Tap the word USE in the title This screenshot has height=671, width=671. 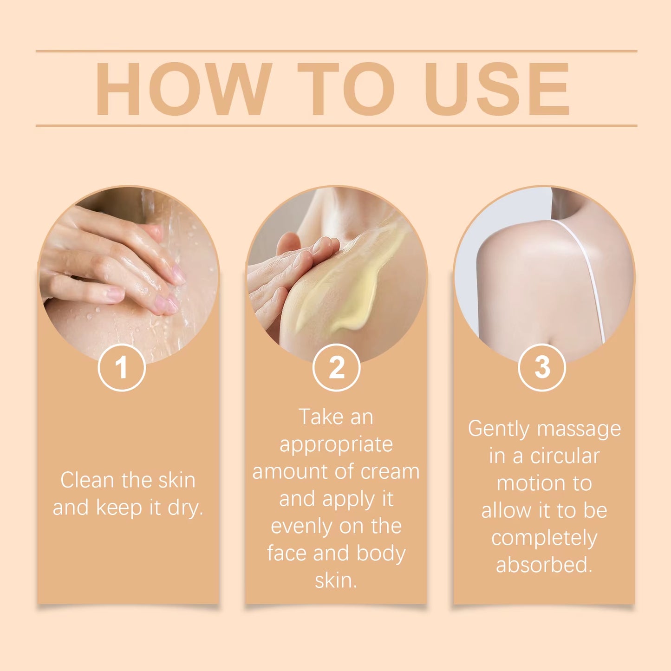(x=496, y=89)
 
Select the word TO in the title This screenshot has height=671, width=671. (x=345, y=89)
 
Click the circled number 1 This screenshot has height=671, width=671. (x=122, y=368)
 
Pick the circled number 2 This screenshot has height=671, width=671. (x=336, y=368)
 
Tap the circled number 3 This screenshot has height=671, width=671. (x=541, y=368)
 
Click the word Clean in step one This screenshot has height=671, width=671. (x=87, y=480)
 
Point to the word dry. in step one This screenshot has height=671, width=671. (x=185, y=508)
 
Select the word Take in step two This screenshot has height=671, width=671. (x=318, y=417)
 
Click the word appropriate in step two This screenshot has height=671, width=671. (x=336, y=445)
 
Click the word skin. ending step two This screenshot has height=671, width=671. (x=336, y=581)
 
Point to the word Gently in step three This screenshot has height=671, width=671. (x=498, y=429)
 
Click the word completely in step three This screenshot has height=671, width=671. (x=544, y=539)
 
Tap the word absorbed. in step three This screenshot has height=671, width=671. (x=544, y=565)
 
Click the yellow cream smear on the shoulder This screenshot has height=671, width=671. (x=353, y=288)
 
